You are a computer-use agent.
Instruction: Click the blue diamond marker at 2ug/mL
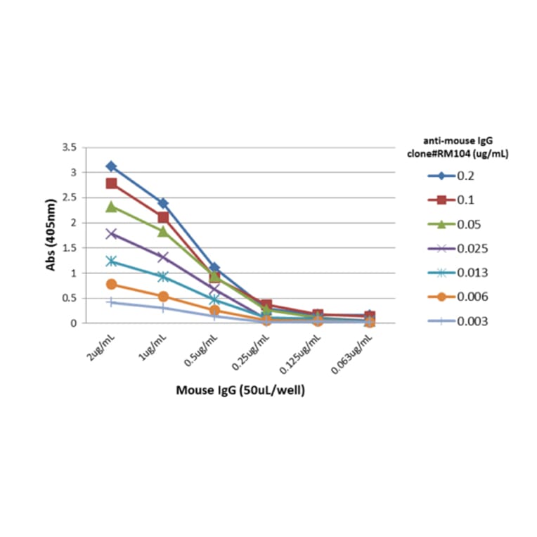point(111,167)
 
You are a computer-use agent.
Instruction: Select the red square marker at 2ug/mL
point(111,183)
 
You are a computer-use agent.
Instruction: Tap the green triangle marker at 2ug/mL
point(111,207)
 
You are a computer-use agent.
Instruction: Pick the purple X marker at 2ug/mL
point(111,233)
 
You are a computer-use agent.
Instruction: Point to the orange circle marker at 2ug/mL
point(111,284)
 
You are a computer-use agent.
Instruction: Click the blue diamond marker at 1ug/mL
point(163,203)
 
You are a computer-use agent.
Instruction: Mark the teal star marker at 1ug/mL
point(163,276)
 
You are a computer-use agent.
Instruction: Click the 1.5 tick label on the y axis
point(69,248)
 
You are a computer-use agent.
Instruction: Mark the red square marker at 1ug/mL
point(163,217)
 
